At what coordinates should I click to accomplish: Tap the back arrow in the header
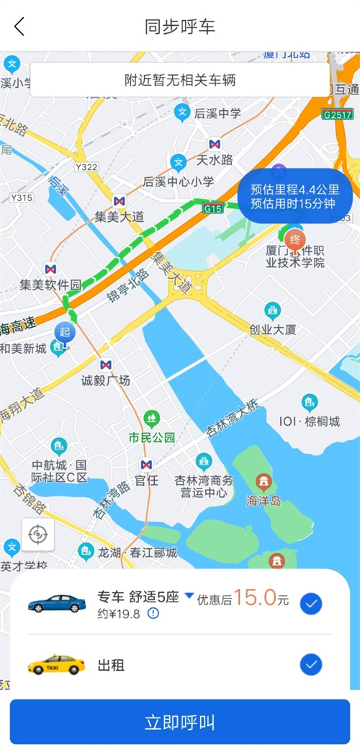point(19,27)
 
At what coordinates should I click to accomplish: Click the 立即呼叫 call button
point(180,722)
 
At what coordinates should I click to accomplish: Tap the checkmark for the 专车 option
point(310,604)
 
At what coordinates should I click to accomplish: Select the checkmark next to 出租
point(310,664)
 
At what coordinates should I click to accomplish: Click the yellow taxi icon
point(56,664)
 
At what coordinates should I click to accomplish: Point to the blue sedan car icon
point(57,603)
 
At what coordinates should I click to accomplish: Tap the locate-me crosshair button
point(37,535)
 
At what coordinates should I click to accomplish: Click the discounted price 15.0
point(255,597)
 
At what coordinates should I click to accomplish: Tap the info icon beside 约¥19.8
point(153,613)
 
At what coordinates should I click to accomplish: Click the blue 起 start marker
point(64,333)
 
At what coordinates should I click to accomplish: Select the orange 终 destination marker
point(294,239)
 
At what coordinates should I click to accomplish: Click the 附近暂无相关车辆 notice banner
point(179,80)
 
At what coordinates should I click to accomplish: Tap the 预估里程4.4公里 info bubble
point(295,196)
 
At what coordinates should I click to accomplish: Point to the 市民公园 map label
point(152,437)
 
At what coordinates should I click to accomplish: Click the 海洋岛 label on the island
point(264,500)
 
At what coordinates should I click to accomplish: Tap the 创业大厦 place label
point(273,329)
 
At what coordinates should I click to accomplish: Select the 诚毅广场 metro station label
point(106,380)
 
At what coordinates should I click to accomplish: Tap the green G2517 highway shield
point(337,115)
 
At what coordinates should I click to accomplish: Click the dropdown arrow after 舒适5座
point(189,596)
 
